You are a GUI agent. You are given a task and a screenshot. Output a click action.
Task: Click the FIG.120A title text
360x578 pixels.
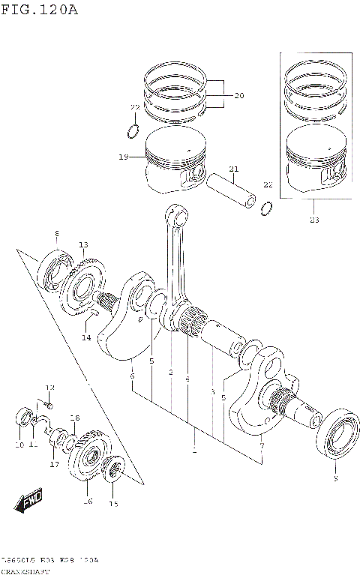[39, 10]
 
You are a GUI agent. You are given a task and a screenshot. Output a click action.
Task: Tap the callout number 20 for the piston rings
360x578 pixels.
[239, 95]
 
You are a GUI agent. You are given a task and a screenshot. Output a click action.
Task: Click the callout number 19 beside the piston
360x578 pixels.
[123, 157]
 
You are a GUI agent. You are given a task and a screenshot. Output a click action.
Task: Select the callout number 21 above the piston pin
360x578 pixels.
[233, 169]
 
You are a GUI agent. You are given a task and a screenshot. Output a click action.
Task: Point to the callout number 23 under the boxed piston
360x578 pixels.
[313, 220]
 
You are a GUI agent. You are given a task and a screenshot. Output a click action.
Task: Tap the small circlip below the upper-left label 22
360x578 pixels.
[132, 132]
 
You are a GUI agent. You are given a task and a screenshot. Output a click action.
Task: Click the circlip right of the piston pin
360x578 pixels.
[266, 208]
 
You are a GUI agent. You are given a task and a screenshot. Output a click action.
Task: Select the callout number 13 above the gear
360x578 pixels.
[83, 245]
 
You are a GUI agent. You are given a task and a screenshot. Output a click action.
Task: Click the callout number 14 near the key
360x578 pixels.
[87, 337]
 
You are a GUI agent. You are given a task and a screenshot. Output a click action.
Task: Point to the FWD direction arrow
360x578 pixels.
[31, 500]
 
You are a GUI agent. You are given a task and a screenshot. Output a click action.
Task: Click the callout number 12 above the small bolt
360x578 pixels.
[50, 388]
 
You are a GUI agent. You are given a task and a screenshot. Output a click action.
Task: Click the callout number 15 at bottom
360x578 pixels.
[113, 504]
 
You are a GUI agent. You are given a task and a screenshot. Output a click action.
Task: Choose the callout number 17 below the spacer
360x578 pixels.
[54, 464]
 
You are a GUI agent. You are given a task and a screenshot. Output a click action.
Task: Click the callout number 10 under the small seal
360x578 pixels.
[19, 445]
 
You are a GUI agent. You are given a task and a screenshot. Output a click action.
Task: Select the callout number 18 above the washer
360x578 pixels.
[74, 418]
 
